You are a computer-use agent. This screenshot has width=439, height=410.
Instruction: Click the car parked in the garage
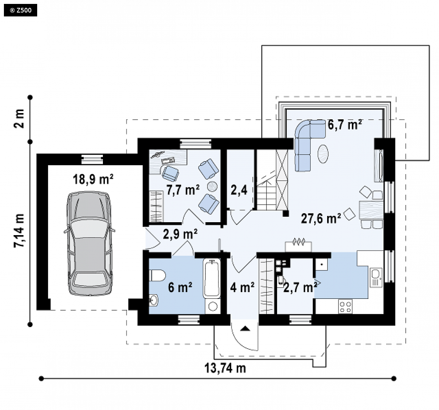89,243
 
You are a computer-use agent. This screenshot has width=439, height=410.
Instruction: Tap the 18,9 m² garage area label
93,179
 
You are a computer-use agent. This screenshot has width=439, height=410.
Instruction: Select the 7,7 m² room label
183,190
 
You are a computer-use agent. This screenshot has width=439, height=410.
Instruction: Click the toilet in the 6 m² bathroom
157,275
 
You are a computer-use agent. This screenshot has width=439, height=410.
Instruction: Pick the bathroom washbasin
153,300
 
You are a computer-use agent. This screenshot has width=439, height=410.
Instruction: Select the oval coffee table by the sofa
323,154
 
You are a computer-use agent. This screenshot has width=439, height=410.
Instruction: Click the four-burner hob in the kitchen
345,306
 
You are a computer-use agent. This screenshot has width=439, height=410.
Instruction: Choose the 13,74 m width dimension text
225,368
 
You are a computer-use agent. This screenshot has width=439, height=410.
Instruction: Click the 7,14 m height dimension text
19,230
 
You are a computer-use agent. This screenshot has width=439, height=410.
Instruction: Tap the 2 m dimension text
19,119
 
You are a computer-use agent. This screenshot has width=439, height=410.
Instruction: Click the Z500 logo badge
20,11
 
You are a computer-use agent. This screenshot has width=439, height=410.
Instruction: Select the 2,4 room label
239,190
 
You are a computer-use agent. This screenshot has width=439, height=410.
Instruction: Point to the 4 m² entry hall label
243,288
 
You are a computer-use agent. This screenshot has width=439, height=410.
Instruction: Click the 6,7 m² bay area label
345,124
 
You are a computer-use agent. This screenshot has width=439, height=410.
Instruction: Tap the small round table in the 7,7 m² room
212,186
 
